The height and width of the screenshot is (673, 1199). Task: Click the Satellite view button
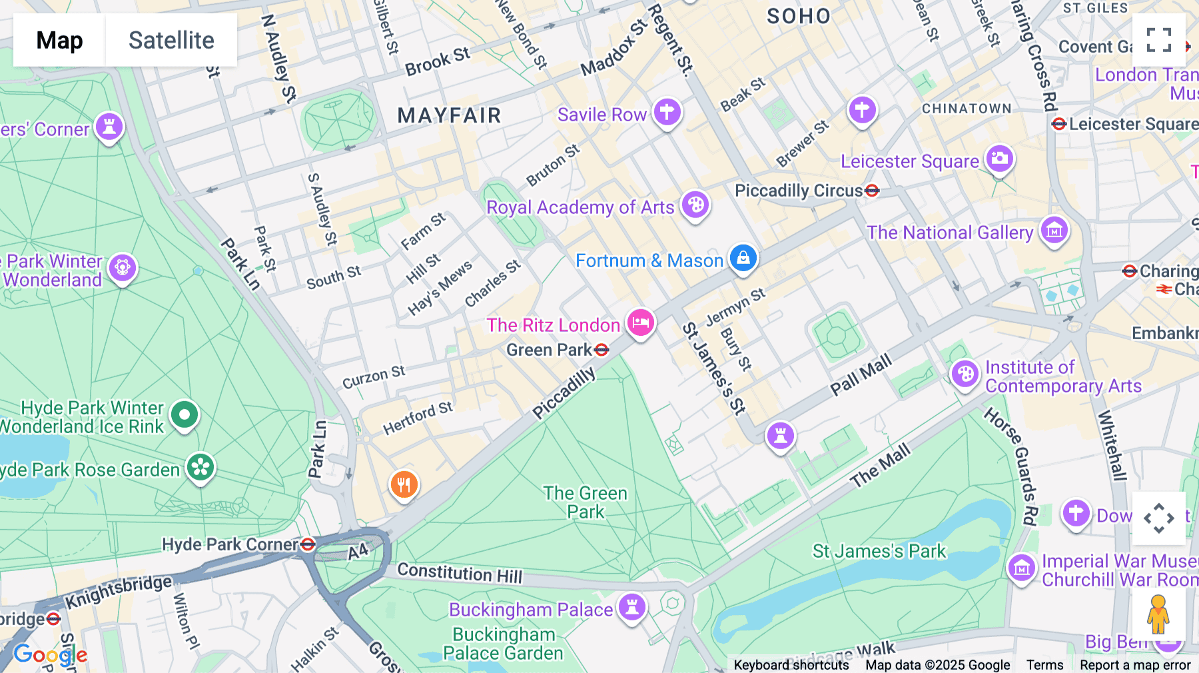coord(171,40)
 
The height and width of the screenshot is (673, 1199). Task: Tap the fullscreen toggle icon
coord(1158,40)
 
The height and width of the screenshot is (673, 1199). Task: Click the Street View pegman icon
coord(1158,614)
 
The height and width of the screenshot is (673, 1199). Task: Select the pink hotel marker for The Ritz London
coord(641,323)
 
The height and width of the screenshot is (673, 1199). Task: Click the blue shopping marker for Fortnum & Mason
coord(743,257)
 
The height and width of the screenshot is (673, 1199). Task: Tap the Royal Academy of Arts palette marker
coord(695,205)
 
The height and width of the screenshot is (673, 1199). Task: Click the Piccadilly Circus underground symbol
coord(872,191)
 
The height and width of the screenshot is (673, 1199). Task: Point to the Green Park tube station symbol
coord(601,350)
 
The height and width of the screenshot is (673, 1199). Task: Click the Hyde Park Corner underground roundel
coord(308,545)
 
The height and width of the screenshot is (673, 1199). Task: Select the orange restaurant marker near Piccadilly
coord(404,484)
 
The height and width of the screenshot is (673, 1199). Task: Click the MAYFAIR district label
coord(449,116)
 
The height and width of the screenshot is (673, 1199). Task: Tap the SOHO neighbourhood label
coord(799,16)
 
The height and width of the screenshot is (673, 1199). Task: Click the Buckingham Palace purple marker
coord(631,607)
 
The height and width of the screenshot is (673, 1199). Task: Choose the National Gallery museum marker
coord(1054,231)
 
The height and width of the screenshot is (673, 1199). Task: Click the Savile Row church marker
coord(667,112)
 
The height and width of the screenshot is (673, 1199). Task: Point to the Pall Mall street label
coord(861,376)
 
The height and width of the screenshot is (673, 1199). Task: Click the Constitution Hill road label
coord(460,573)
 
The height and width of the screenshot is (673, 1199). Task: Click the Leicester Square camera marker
coord(999,159)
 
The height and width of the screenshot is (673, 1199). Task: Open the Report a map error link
coord(1135,665)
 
